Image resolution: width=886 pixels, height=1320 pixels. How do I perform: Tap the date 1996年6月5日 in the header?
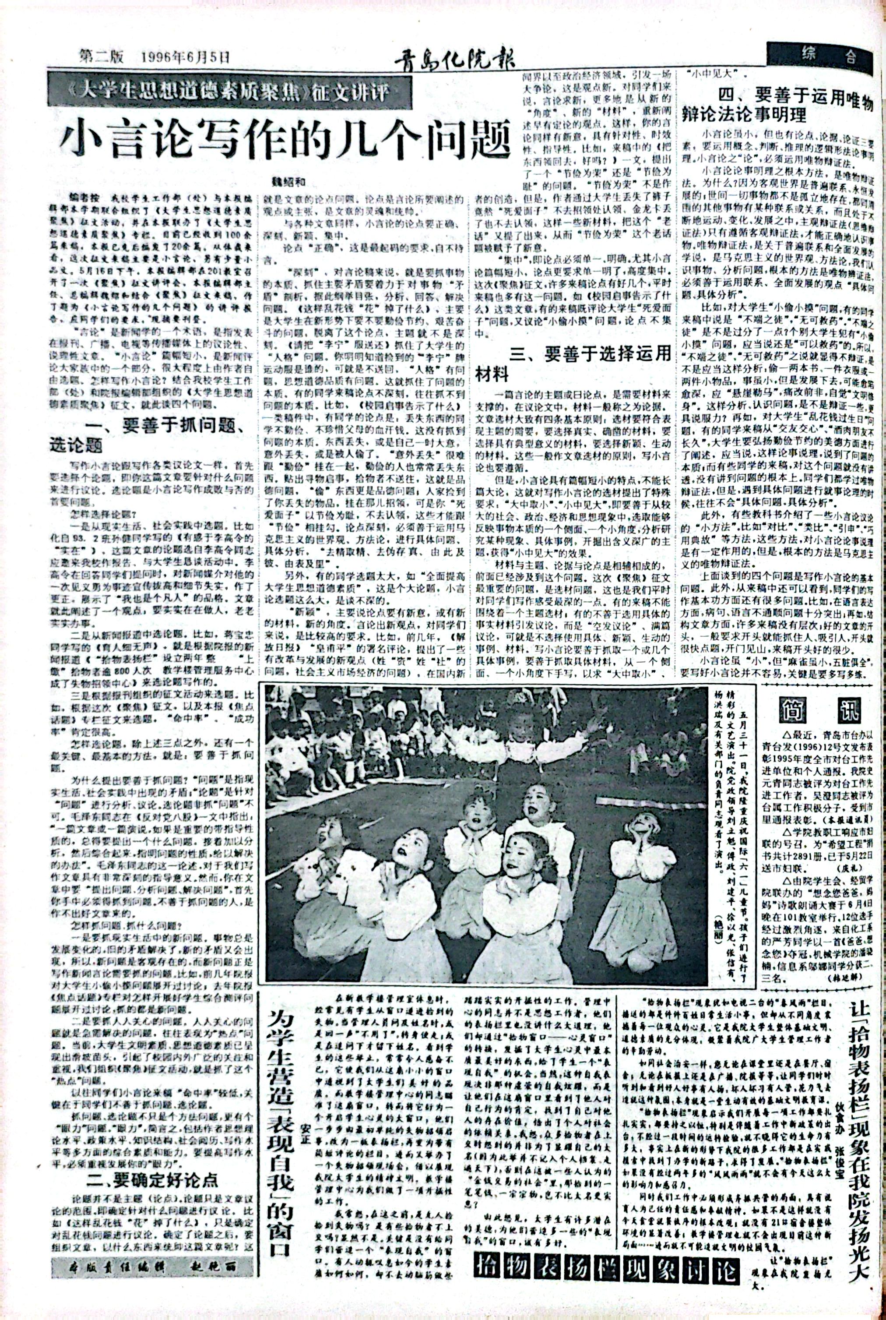coord(186,56)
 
